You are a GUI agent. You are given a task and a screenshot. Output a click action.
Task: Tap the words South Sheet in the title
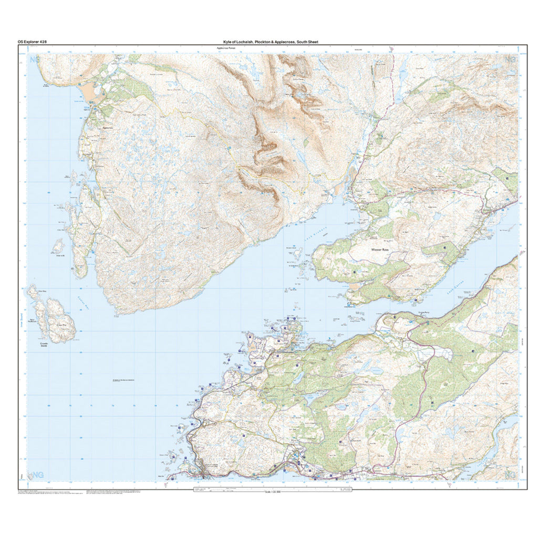coord(307,42)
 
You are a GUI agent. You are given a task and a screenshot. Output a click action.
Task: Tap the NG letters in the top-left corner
coord(35,59)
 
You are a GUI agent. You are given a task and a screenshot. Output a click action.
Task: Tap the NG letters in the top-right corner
coord(510,59)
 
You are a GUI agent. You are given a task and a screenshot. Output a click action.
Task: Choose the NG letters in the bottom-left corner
coord(38,474)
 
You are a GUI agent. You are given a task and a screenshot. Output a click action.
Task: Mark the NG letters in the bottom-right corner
coord(510,474)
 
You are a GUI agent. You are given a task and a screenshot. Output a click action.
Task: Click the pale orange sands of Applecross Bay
coord(92,95)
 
